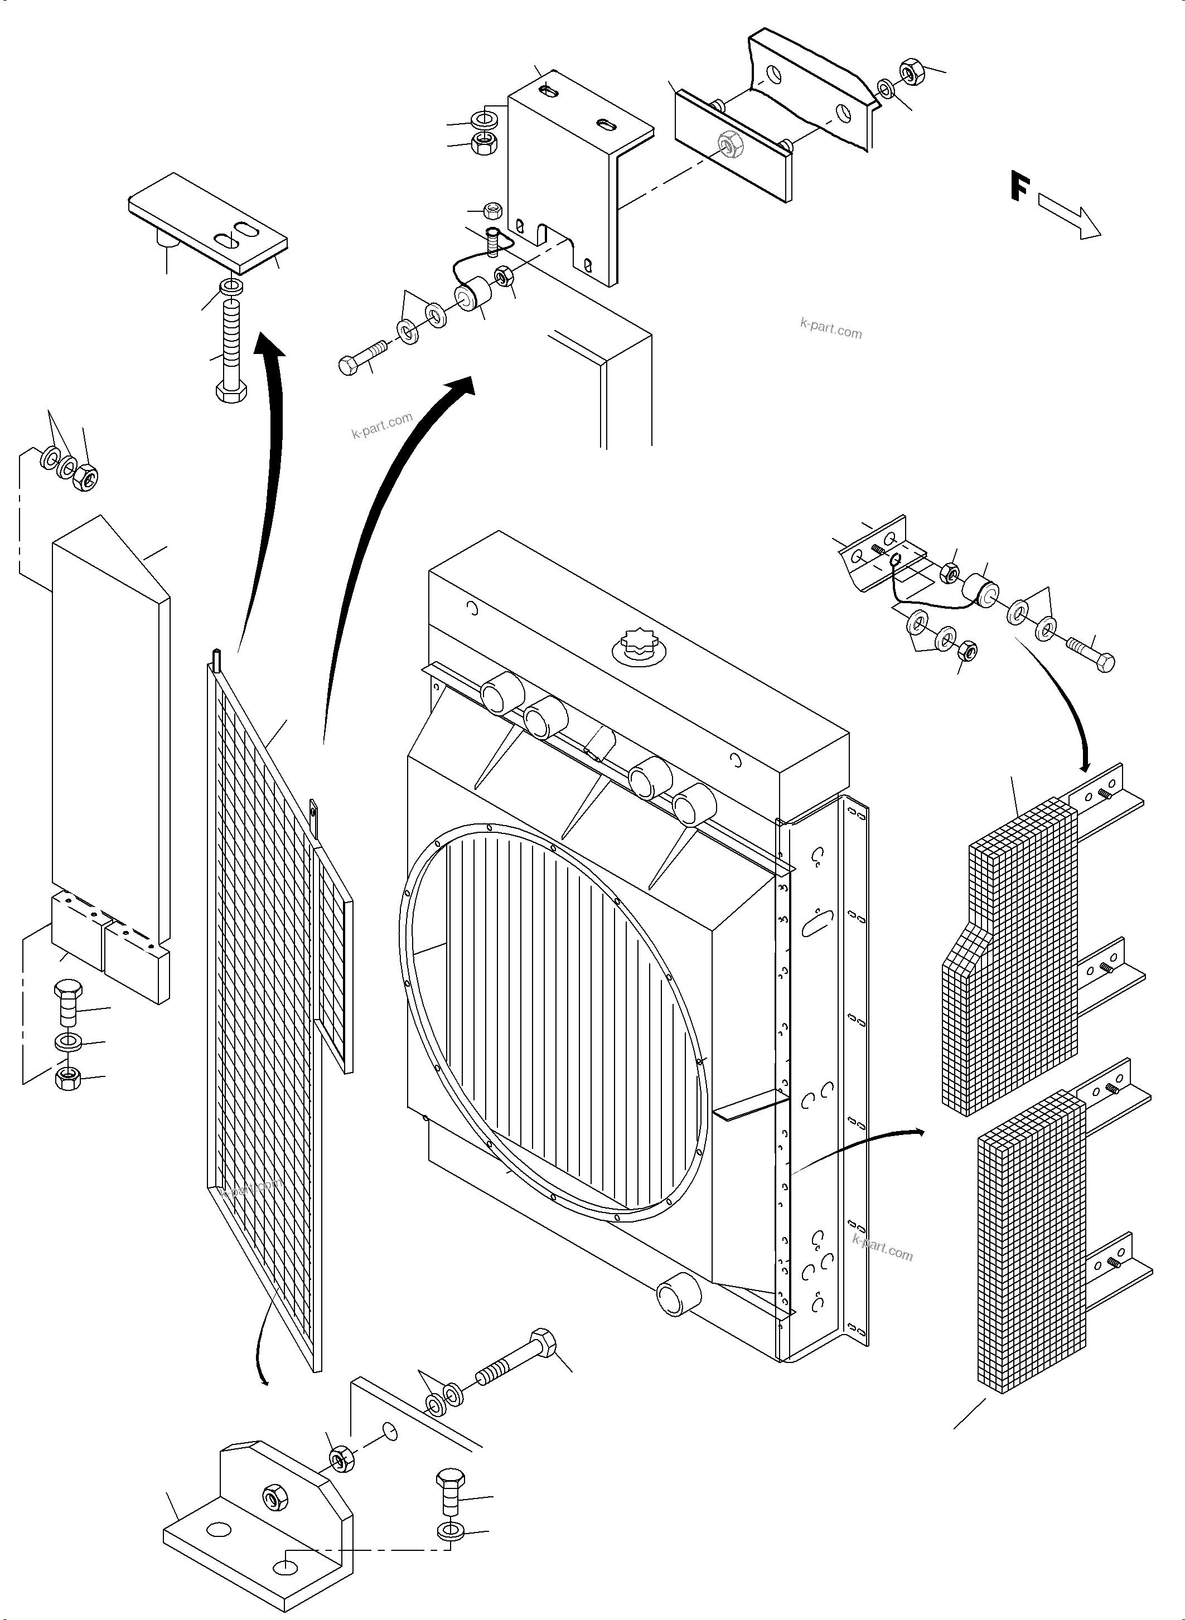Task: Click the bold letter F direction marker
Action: pyautogui.click(x=1019, y=186)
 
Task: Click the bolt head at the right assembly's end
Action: pyautogui.click(x=1105, y=662)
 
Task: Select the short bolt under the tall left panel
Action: pyautogui.click(x=68, y=1003)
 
